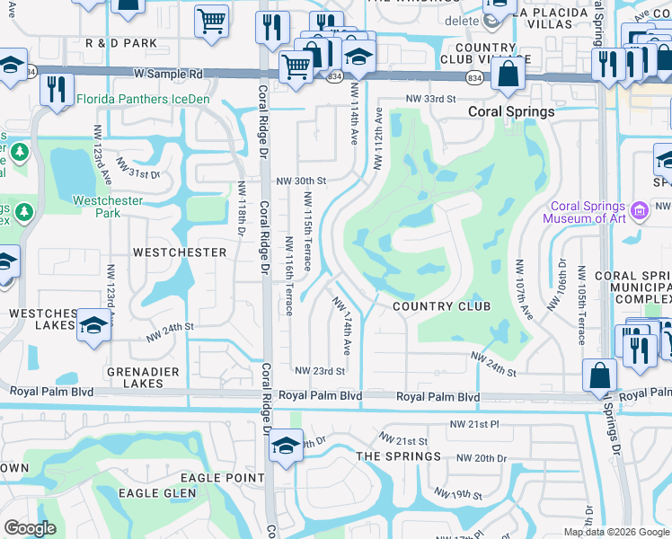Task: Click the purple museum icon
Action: (640, 212)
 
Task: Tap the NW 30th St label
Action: (300, 180)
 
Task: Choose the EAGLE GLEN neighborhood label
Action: (158, 493)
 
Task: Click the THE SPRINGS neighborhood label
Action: (399, 456)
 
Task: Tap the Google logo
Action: (30, 528)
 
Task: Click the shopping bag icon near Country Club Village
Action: (508, 74)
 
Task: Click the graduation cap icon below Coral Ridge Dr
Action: (286, 446)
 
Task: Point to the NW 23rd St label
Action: (321, 371)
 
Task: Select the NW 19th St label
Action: (458, 495)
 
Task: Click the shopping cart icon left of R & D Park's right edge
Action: (211, 20)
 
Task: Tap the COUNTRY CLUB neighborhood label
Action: (442, 306)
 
